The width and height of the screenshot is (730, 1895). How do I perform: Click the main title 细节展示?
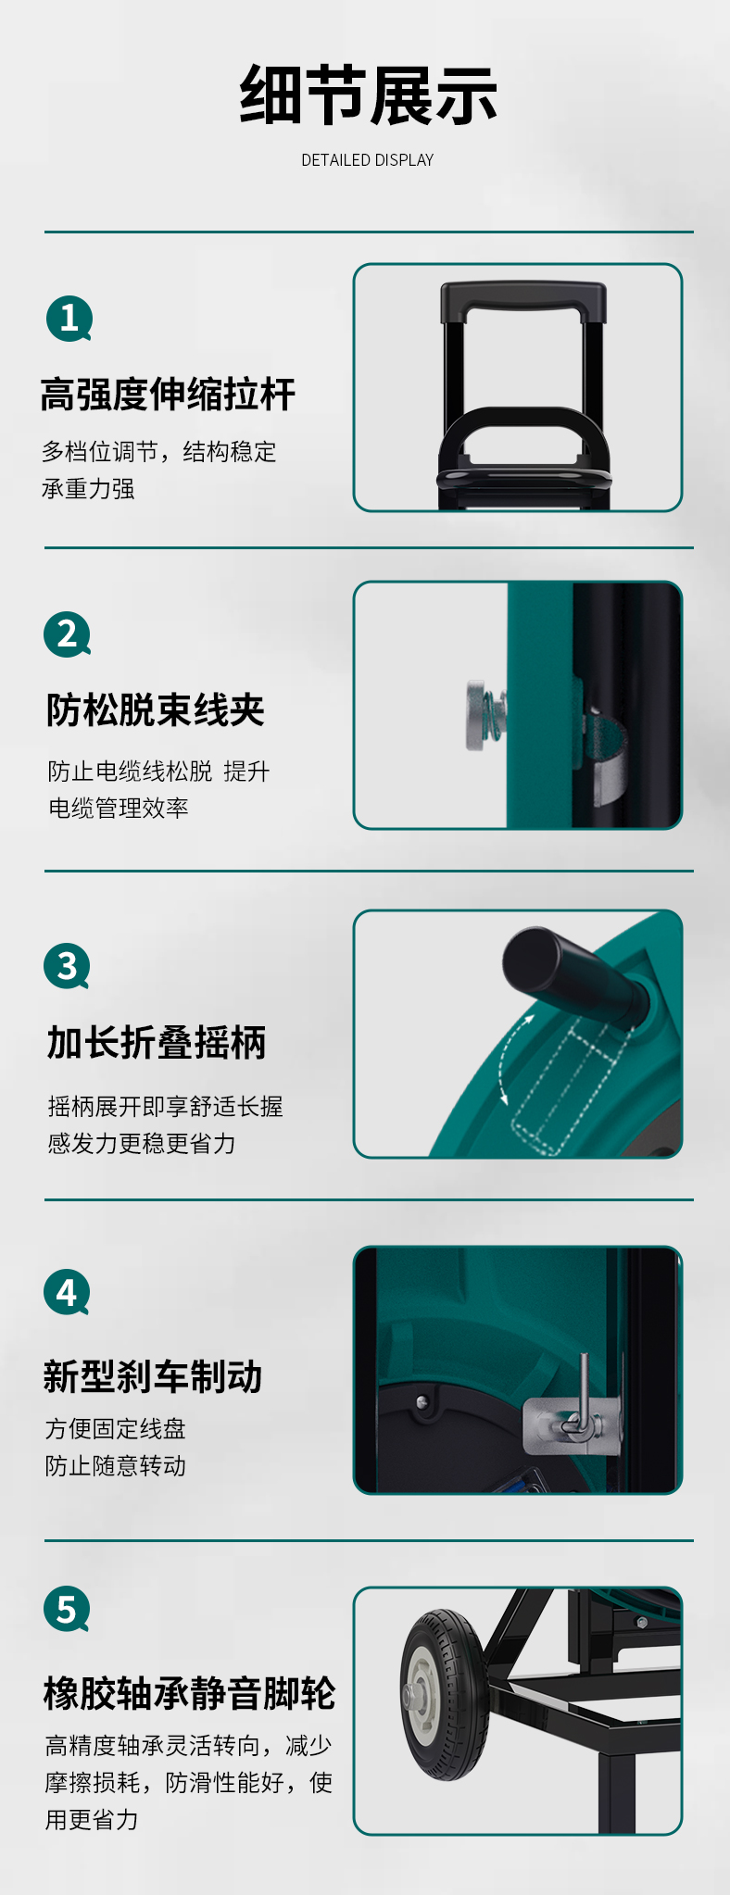pos(368,95)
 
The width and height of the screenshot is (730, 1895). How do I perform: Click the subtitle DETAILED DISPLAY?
pos(368,160)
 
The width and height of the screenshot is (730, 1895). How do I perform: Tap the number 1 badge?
pos(69,319)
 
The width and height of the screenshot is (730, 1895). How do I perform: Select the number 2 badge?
pos(68,634)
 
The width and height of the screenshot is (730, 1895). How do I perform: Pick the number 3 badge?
pos(68,966)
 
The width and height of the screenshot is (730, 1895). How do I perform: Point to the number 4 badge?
pos(68,1292)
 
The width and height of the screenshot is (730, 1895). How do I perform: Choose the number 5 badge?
pos(68,1610)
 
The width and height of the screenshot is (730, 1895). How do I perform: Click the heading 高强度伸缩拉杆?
pos(168,395)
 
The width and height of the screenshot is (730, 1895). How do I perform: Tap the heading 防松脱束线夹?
pos(156,710)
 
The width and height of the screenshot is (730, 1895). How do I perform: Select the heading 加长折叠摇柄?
pos(157,1043)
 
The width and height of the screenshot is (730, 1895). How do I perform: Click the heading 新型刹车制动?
pos(153,1376)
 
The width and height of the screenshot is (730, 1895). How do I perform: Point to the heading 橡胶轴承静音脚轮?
pos(189,1693)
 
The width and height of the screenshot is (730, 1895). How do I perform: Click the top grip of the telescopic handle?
pos(523,301)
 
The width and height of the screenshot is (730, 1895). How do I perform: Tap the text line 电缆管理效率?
pos(119,809)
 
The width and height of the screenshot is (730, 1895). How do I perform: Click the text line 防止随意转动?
pos(116,1466)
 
